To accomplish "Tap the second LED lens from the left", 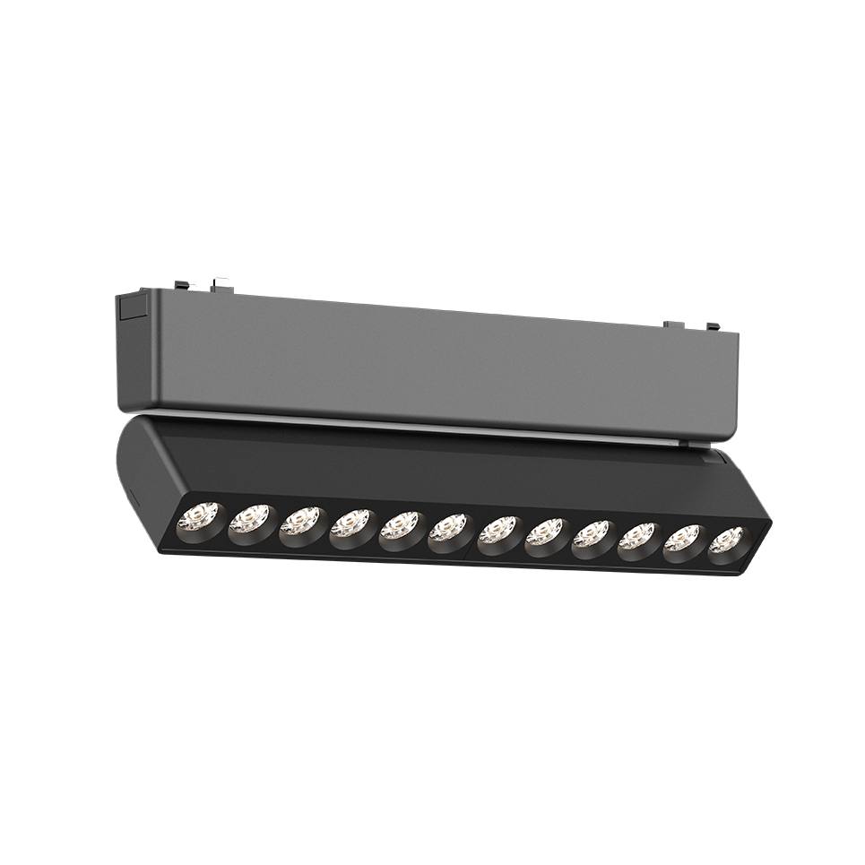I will coord(250,519).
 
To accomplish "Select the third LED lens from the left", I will coord(301,522).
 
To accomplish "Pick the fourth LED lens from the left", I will coord(350,523).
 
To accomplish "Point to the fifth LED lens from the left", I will coord(400,526).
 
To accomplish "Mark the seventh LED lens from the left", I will coord(497,531).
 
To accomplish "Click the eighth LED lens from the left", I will coord(544,533).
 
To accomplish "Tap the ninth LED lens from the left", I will coord(591,535).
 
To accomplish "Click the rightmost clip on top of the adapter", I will coord(712,327).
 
